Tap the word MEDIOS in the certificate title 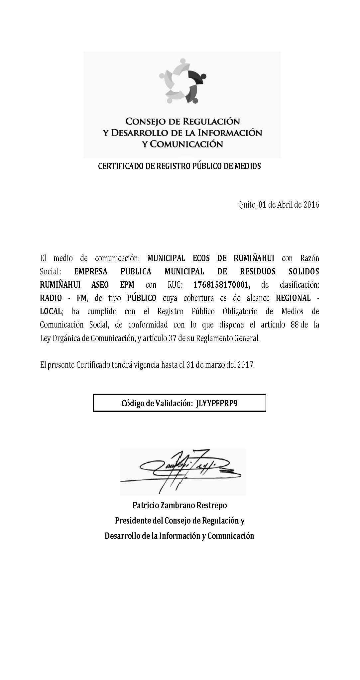pyautogui.click(x=247, y=166)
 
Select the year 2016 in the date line pyautogui.click(x=311, y=205)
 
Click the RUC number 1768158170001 pyautogui.click(x=221, y=285)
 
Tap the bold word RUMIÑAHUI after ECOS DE pyautogui.click(x=254, y=258)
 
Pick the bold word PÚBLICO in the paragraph pyautogui.click(x=142, y=298)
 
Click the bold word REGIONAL pyautogui.click(x=294, y=298)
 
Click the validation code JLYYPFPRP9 pyautogui.click(x=217, y=403)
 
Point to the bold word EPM pyautogui.click(x=127, y=285)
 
